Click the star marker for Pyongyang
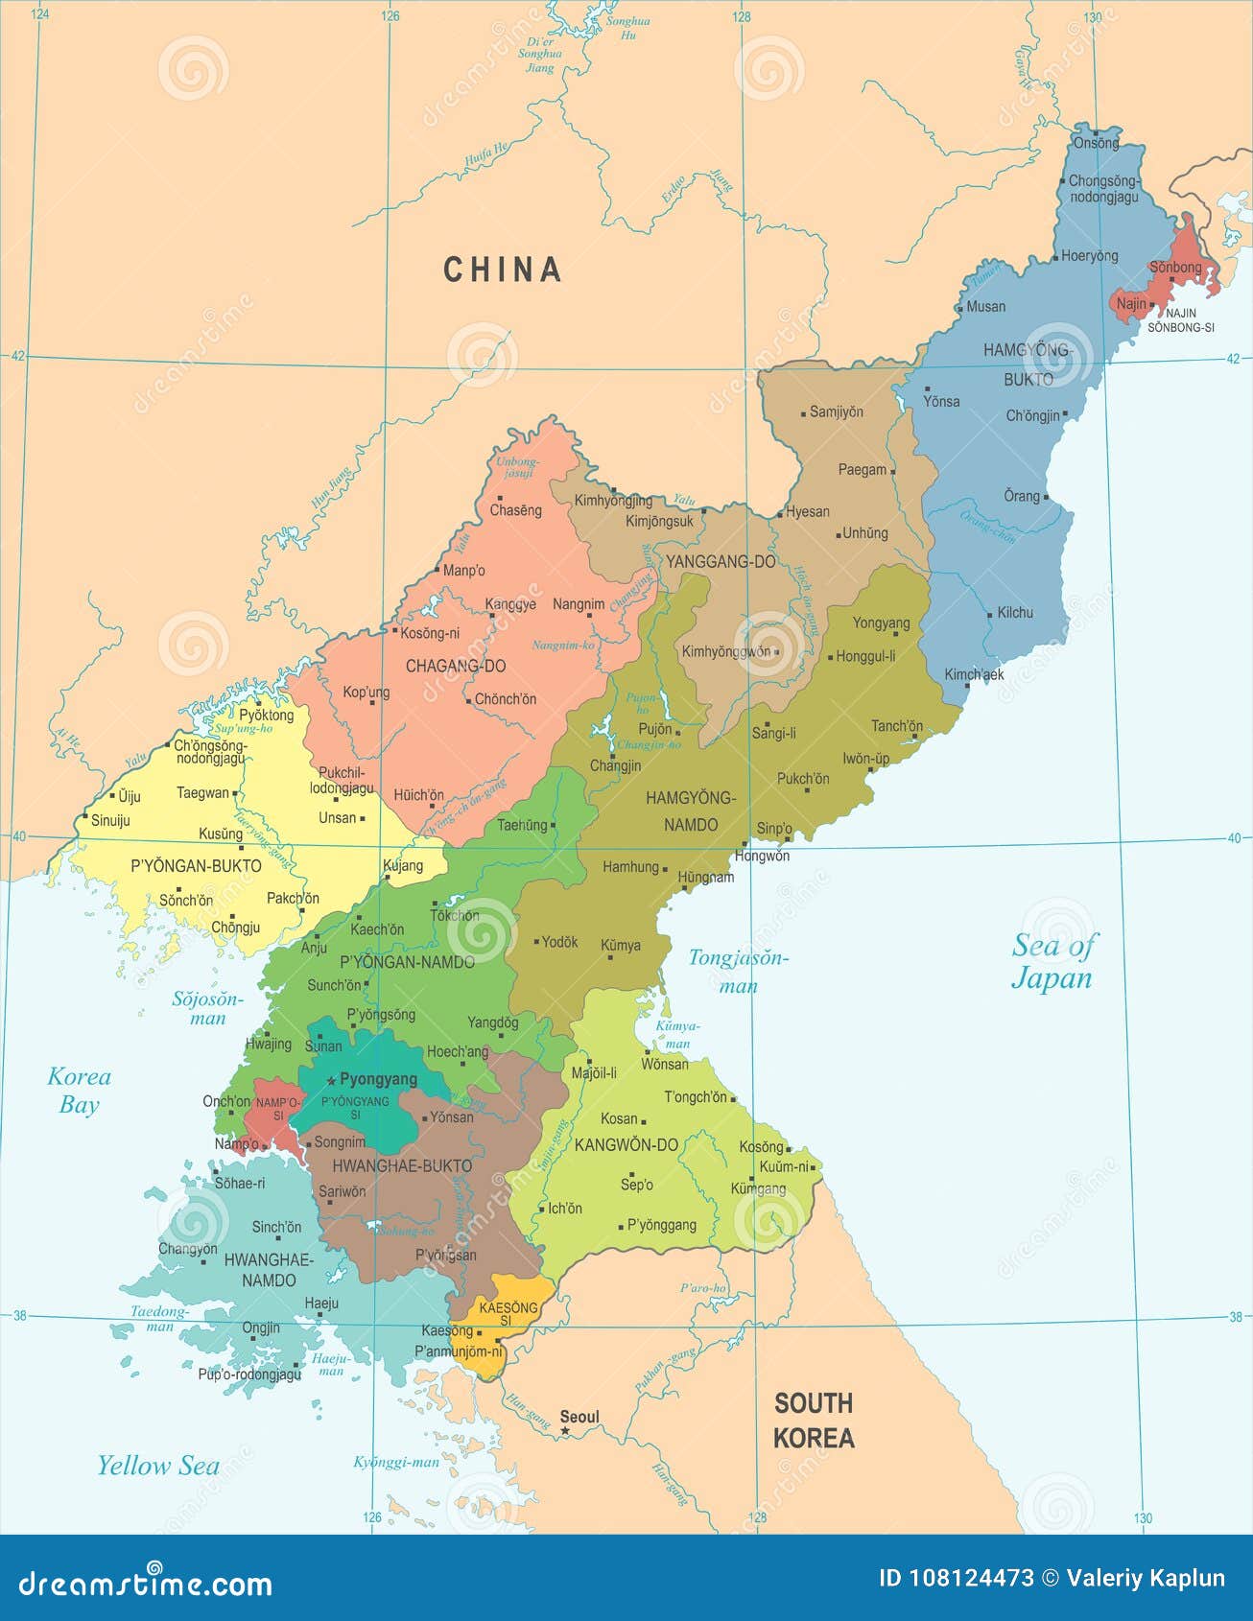tap(331, 1080)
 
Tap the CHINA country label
tap(502, 270)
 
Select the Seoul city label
tap(579, 1417)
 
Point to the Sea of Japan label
tap(1052, 961)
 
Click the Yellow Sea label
tap(158, 1466)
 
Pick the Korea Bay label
tap(80, 1091)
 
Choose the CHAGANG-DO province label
tap(456, 666)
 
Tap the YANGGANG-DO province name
tap(721, 562)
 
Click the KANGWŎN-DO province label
tap(626, 1144)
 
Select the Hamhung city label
tap(630, 867)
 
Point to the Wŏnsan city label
tap(665, 1064)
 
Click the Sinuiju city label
tap(110, 820)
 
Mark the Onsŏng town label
tap(1096, 143)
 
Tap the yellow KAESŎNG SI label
tap(508, 1314)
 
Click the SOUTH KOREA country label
tap(814, 1421)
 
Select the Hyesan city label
tap(808, 511)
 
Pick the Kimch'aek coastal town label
tap(974, 674)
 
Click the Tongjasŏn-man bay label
tap(738, 971)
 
